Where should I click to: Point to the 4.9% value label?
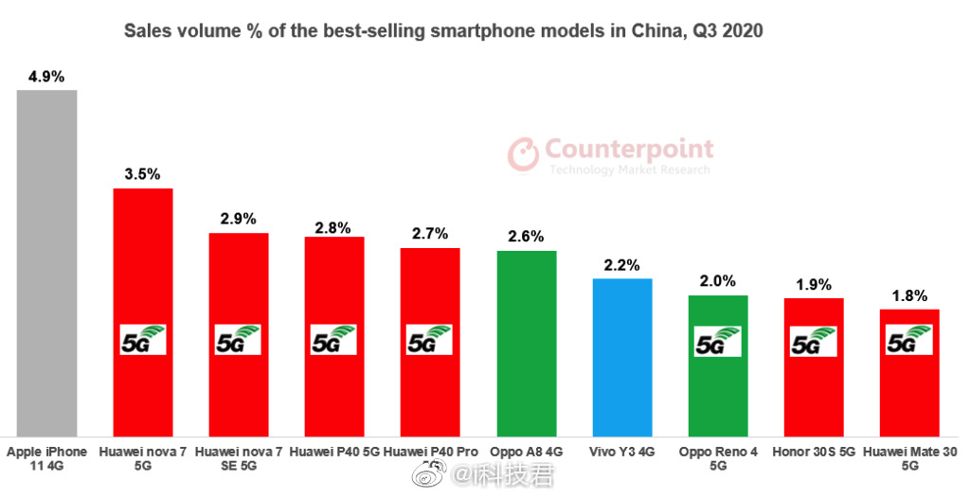46,77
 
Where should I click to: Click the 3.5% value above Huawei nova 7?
143,174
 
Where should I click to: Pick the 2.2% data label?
622,264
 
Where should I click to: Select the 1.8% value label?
909,295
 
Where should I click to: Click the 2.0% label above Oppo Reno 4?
718,281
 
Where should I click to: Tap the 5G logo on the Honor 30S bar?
814,341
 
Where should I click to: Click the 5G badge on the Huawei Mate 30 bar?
909,340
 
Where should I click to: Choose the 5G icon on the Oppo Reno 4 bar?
718,341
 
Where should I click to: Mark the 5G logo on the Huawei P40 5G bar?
334,340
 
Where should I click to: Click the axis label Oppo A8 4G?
527,453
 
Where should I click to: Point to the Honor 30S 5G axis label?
814,453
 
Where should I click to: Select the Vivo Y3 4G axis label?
622,453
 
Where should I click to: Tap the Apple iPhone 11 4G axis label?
46,459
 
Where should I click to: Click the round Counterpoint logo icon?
523,155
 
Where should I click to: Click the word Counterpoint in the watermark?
629,150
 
